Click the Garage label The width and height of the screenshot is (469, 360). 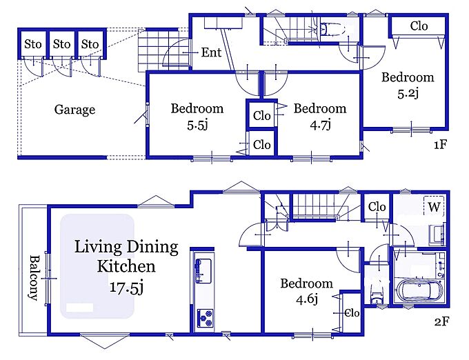74,110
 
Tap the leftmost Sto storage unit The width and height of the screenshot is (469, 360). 32,43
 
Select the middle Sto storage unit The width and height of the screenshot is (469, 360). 61,43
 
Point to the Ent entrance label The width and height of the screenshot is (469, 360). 211,52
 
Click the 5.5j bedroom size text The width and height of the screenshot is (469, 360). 197,126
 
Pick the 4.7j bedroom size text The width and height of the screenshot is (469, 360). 320,126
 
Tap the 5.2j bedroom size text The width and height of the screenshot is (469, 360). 408,93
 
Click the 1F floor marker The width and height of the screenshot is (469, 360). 440,145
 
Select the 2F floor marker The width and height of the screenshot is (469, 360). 441,321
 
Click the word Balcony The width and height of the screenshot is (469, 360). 34,278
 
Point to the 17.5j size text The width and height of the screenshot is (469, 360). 126,288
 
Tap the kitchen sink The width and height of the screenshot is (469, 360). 203,271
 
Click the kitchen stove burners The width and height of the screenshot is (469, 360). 205,318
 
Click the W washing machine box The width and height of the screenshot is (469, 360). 434,207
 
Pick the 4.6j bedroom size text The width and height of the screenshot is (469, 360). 307,299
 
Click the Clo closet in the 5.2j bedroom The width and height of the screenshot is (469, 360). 418,26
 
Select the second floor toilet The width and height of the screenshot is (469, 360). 377,296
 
